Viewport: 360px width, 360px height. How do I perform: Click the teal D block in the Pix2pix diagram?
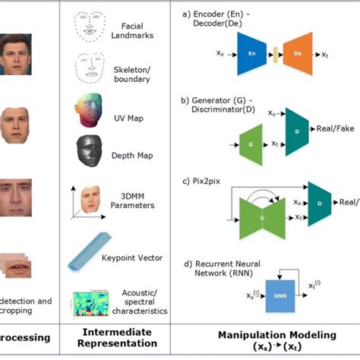click(320, 203)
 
